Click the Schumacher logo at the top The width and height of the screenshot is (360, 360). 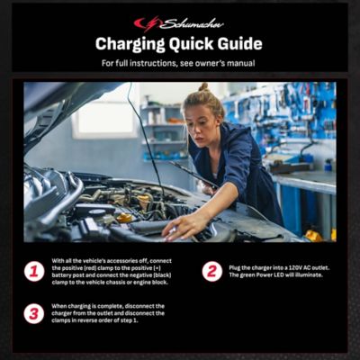pyautogui.click(x=179, y=22)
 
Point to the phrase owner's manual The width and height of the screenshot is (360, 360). pyautogui.click(x=226, y=63)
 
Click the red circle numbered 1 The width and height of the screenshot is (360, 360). pyautogui.click(x=34, y=271)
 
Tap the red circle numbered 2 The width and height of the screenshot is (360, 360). pyautogui.click(x=212, y=271)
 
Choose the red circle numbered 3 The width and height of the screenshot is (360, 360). pyautogui.click(x=34, y=313)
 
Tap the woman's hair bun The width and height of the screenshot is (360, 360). pyautogui.click(x=204, y=87)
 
